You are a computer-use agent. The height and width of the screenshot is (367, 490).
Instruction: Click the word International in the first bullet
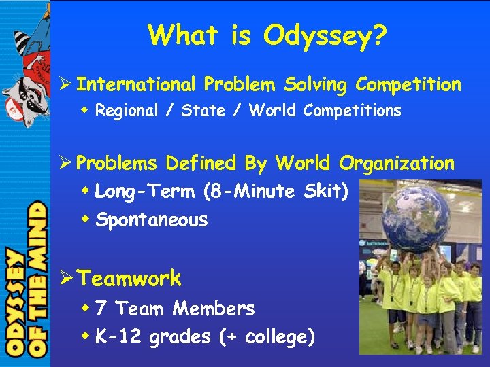pyautogui.click(x=135, y=85)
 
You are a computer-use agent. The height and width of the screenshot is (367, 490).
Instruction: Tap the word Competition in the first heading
pyautogui.click(x=408, y=85)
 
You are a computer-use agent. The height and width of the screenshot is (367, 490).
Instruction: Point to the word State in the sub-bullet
pyautogui.click(x=202, y=110)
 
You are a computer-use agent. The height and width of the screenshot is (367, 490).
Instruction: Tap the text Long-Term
pyautogui.click(x=145, y=192)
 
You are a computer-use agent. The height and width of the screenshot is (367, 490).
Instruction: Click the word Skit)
pyautogui.click(x=325, y=192)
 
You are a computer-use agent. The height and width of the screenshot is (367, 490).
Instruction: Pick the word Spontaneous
pyautogui.click(x=152, y=220)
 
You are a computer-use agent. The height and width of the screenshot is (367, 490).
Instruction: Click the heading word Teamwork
pyautogui.click(x=129, y=279)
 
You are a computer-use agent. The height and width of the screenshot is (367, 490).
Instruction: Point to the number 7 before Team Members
pyautogui.click(x=101, y=309)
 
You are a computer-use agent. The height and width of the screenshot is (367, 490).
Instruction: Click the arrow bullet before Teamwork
pyautogui.click(x=67, y=279)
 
